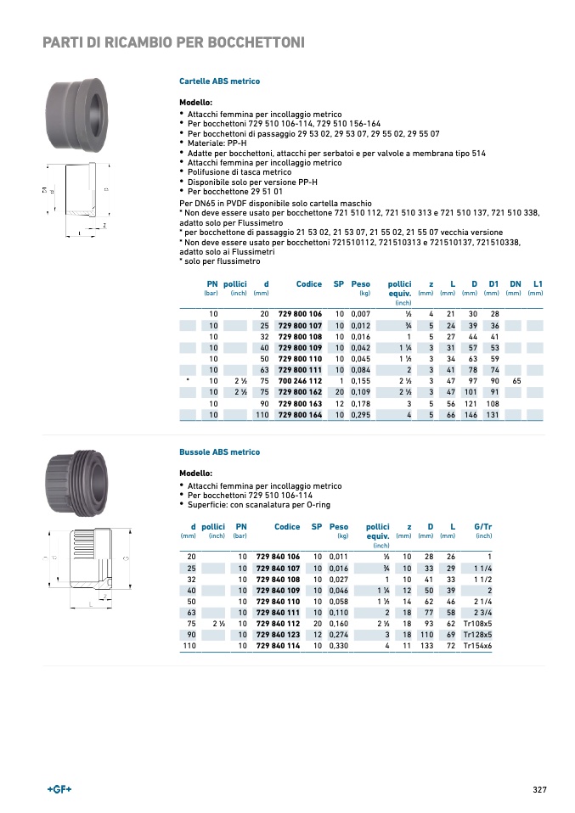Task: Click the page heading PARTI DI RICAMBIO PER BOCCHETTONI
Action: pos(173,42)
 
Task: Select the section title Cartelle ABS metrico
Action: pos(219,81)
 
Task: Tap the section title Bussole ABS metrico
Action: pos(219,452)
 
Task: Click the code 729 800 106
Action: pos(300,314)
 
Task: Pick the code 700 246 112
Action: pos(300,381)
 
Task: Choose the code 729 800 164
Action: pos(300,415)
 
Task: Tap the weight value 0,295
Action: pos(361,415)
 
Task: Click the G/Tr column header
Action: pos(482,527)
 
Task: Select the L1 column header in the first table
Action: pos(537,283)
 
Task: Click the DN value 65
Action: pos(516,381)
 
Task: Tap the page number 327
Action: pos(538,790)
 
